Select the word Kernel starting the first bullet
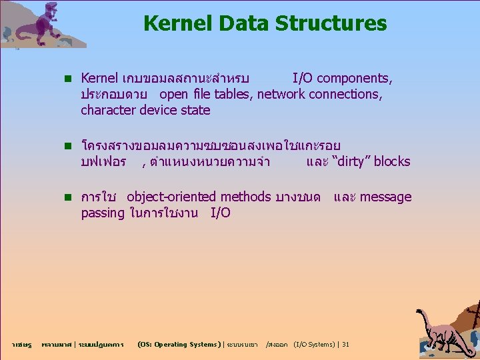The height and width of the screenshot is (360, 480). point(99,79)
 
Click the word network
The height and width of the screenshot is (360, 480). point(281,94)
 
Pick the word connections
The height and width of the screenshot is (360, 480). point(345,94)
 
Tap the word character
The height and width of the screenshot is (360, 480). point(108,110)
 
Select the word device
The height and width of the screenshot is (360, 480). point(157,110)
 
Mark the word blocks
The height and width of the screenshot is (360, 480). point(392,161)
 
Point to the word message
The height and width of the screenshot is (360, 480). point(386,197)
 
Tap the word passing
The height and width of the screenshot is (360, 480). point(103,213)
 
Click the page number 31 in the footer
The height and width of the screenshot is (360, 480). point(345,345)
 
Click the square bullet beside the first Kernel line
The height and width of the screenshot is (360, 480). point(67,79)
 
